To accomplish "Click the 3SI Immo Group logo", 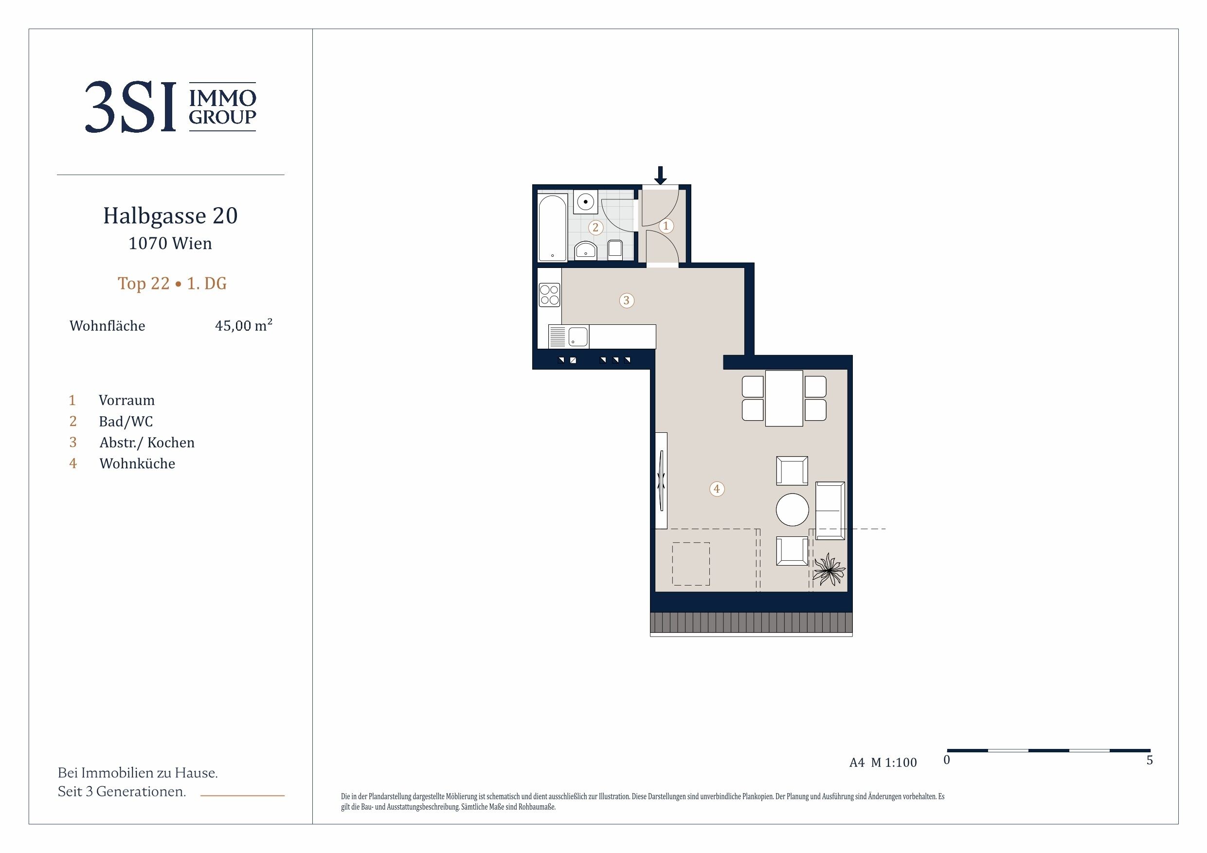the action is pos(170,107).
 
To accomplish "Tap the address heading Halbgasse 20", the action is pos(170,215).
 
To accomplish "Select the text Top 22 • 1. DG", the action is pos(172,284).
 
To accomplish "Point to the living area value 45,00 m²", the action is pos(243,325).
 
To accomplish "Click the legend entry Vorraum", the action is pos(126,401).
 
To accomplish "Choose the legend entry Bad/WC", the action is pos(126,422).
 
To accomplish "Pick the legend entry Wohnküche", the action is pos(137,463).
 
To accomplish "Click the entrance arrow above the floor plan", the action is pos(660,176).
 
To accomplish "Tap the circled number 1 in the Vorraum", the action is pos(666,226).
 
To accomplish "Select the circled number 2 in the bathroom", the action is pos(595,228).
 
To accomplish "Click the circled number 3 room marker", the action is pos(626,301).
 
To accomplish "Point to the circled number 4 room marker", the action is pos(717,489).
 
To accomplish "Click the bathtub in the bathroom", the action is pos(553,227).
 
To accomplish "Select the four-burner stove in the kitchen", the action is pos(549,295).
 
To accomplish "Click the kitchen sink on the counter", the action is pos(569,337).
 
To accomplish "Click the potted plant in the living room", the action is pos(829,569).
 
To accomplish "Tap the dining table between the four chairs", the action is pos(784,398).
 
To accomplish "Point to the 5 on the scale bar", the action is pos(1150,760).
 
